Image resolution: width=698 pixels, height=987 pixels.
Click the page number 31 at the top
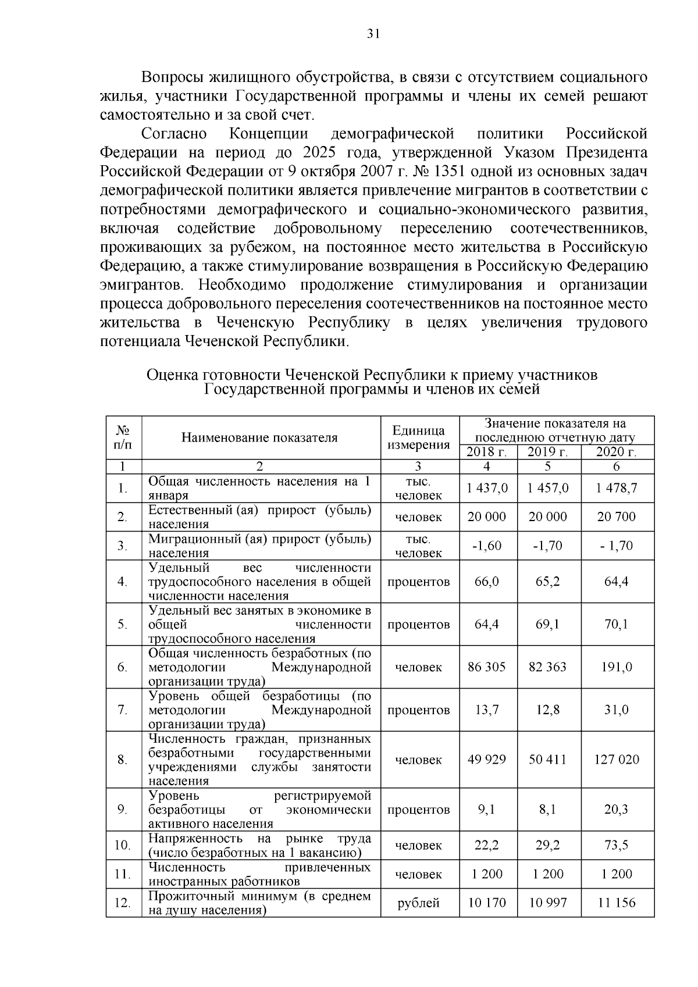(x=373, y=34)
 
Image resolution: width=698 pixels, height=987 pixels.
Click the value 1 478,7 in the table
(x=617, y=488)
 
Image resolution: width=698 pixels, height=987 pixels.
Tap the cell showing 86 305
(x=487, y=667)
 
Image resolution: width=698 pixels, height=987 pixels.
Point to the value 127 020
(x=617, y=760)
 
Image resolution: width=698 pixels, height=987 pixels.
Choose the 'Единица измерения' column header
(x=419, y=437)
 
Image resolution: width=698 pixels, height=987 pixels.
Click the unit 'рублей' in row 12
(x=419, y=903)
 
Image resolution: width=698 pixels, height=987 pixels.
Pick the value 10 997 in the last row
(x=548, y=903)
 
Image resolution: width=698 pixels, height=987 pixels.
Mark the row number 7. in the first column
(x=122, y=710)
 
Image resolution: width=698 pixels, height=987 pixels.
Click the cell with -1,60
(x=487, y=546)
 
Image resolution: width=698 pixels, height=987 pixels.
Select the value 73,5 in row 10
(x=617, y=845)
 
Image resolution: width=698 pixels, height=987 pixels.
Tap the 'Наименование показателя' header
(x=259, y=437)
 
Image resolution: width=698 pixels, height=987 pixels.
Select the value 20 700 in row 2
(x=617, y=516)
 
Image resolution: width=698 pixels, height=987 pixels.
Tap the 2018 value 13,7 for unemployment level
(x=487, y=710)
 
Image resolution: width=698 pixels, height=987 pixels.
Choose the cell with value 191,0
(x=617, y=667)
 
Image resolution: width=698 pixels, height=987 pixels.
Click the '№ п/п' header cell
(x=123, y=437)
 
